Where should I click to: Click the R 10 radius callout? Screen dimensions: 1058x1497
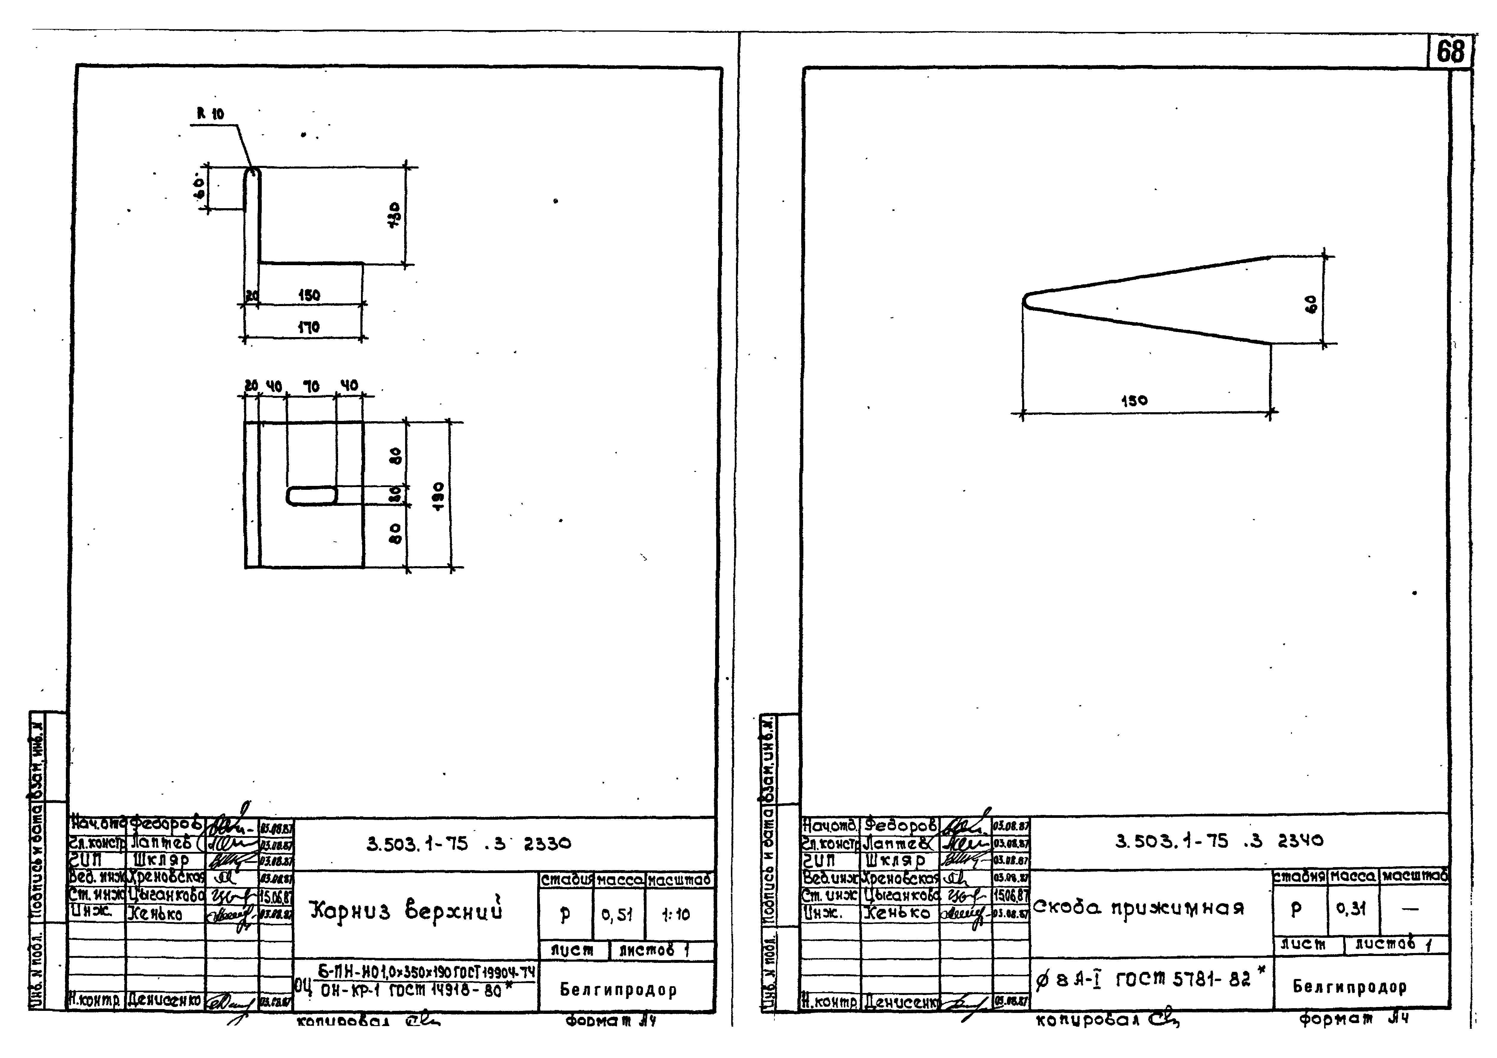click(x=210, y=114)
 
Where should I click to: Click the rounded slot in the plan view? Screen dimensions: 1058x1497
click(x=312, y=496)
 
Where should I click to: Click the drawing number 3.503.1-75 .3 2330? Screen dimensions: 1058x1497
click(x=468, y=844)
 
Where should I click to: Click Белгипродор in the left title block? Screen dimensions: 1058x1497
click(x=618, y=990)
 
